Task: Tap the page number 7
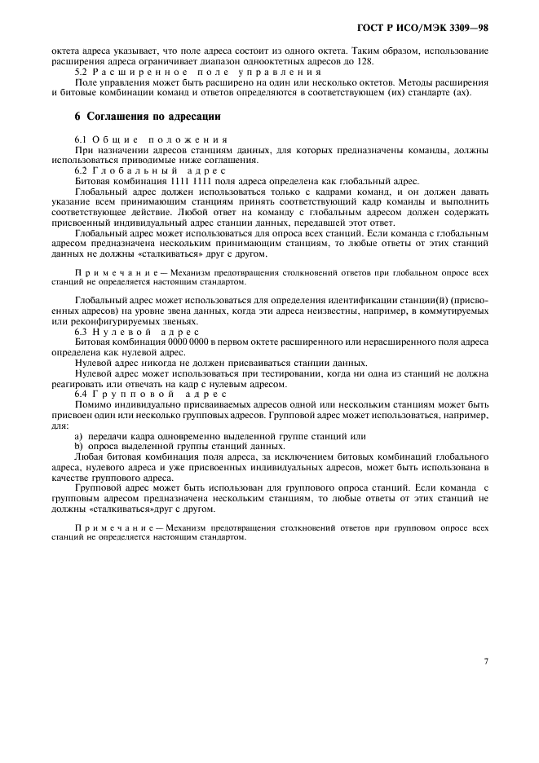click(x=486, y=661)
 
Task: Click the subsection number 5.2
click(x=82, y=72)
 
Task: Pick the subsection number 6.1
click(x=82, y=141)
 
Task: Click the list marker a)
click(x=79, y=436)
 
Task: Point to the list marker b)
click(x=79, y=446)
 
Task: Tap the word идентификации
click(x=337, y=301)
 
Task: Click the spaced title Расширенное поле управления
click(x=192, y=72)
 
